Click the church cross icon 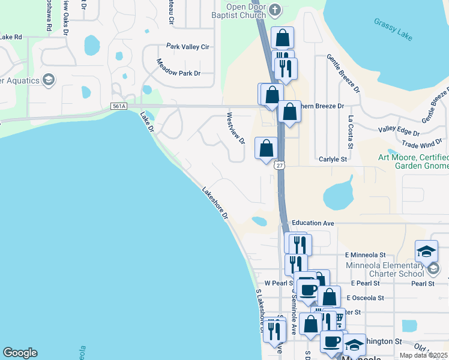point(275,9)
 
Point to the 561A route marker point(119,106)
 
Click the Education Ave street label point(312,223)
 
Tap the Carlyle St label point(334,160)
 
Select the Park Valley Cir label point(187,46)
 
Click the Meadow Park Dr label point(178,67)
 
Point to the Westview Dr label point(235,128)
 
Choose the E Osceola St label point(364,298)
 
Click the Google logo point(20,353)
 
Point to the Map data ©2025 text point(423,355)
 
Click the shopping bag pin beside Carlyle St point(266,148)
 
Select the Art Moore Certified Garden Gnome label point(413,162)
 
